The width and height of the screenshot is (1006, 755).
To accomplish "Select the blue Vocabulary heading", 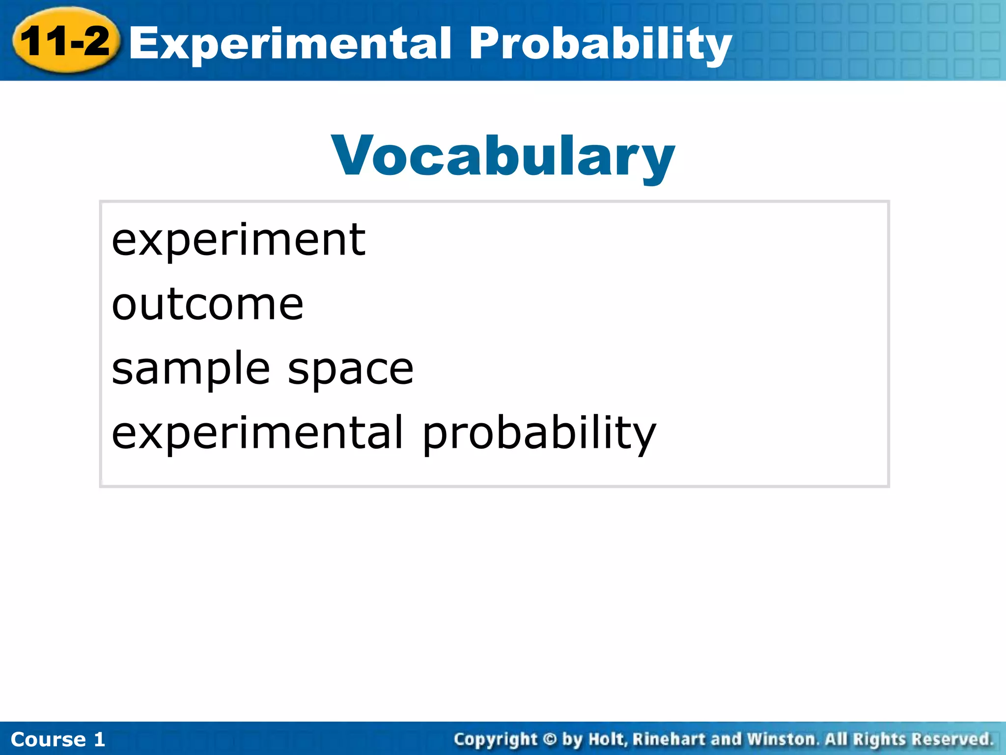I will [503, 156].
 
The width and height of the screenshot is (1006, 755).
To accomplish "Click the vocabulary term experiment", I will [238, 240].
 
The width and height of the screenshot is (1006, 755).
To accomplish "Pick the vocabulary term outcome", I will [207, 305].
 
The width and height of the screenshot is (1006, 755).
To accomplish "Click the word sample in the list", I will [191, 370].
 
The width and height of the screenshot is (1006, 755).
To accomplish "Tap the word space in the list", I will [350, 370].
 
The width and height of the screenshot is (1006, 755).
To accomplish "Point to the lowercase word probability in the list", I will [539, 434].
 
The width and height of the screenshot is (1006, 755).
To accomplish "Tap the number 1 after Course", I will [100, 739].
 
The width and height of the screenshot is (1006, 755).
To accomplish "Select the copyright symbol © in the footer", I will [550, 739].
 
